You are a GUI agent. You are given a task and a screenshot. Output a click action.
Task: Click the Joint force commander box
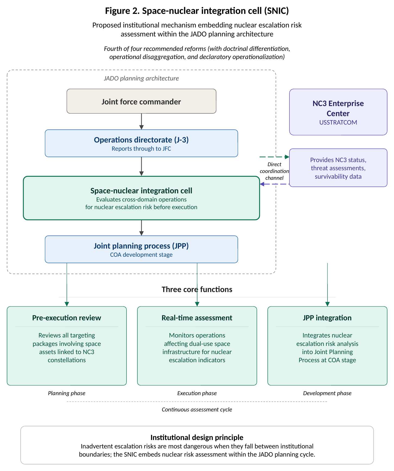pos(141,101)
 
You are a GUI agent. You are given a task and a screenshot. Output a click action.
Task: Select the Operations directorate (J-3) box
pos(141,143)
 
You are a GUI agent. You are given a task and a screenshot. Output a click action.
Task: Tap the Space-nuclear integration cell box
pos(141,198)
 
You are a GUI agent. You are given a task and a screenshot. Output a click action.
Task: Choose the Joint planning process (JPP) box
pos(141,249)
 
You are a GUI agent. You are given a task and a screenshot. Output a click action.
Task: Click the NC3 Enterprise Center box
pos(338,112)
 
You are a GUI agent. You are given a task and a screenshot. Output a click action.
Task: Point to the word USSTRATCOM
pos(338,122)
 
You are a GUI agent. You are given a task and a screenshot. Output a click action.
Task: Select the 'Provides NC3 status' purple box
pos(338,168)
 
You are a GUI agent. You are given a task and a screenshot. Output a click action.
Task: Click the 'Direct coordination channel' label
pos(274,171)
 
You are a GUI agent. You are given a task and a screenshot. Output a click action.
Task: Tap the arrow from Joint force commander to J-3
pos(141,122)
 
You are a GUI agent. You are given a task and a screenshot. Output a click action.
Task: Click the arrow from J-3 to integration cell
pos(141,166)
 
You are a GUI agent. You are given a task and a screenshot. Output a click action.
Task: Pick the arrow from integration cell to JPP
pos(141,228)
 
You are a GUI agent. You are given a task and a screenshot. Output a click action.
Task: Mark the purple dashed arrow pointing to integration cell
pos(275,184)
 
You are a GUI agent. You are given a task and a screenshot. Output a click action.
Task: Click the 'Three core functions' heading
pos(197,289)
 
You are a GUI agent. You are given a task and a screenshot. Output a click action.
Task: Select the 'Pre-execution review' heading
pos(67,318)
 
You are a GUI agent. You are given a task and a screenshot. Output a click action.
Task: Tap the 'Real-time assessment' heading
pos(197,318)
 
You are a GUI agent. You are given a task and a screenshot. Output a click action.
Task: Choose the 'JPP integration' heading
pos(327,318)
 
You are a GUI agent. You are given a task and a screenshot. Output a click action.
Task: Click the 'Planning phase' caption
pos(67,393)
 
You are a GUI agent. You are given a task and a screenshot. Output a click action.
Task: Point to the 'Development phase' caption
pos(327,393)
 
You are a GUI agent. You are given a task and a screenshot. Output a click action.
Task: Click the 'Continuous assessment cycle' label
pos(197,410)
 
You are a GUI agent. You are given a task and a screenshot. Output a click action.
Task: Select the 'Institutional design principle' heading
pos(197,437)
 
